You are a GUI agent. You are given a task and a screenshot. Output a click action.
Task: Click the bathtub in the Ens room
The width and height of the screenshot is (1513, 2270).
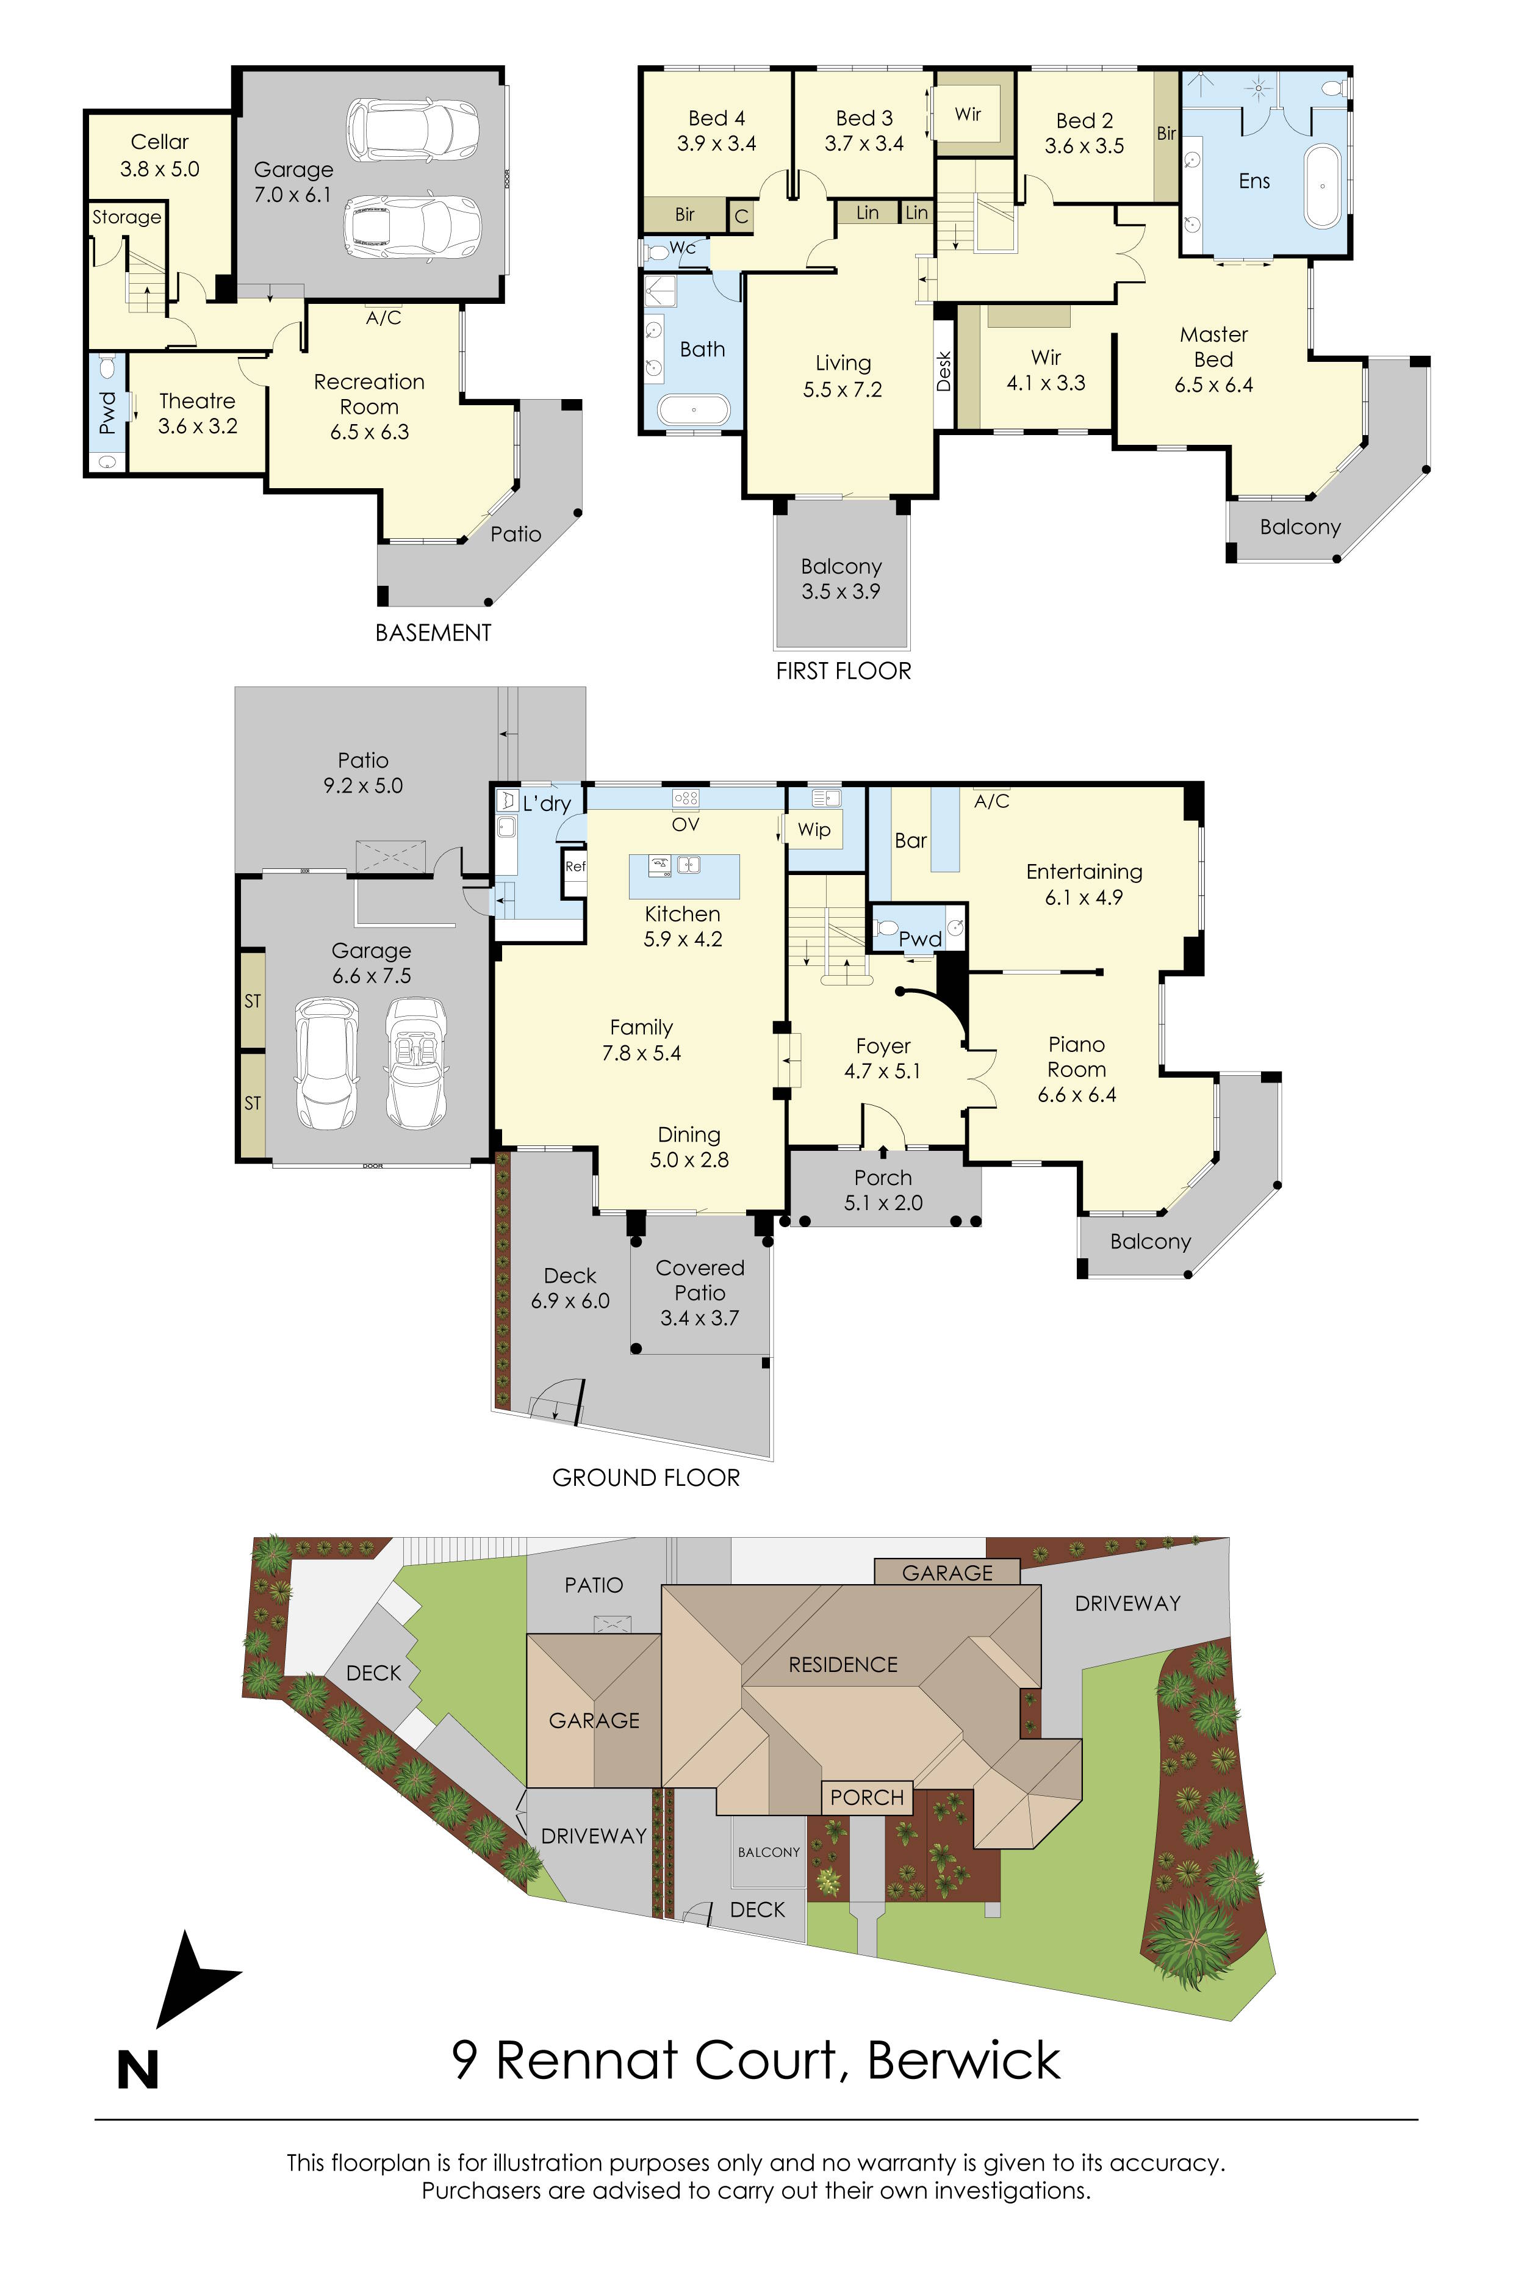coord(1322,186)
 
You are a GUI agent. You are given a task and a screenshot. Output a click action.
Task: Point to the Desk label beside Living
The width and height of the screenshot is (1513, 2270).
coord(944,372)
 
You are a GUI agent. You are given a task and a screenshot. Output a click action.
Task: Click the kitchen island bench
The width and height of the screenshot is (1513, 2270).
coord(684,876)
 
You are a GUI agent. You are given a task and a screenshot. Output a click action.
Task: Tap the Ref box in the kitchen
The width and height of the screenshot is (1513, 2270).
coord(575,867)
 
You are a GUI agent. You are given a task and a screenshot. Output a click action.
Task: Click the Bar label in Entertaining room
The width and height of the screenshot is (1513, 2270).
coord(910,841)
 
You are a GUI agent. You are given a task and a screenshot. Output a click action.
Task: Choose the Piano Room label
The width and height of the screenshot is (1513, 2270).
coord(1077,1068)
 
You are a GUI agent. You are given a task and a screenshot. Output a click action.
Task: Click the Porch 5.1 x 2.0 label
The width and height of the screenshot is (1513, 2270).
coord(883,1190)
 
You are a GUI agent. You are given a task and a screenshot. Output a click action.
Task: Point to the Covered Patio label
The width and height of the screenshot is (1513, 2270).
coord(700,1292)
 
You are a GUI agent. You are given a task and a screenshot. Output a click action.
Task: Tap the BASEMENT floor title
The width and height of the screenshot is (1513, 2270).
coord(433,633)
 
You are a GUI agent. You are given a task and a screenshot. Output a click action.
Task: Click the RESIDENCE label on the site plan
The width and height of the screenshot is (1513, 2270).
coord(843,1665)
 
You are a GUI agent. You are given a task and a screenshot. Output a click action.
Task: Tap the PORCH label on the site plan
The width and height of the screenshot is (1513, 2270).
coord(866,1797)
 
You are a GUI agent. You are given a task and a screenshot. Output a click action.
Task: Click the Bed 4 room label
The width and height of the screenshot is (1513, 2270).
coord(716,131)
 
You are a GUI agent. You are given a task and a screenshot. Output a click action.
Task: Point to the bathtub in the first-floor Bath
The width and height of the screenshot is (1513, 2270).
coord(694,410)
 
